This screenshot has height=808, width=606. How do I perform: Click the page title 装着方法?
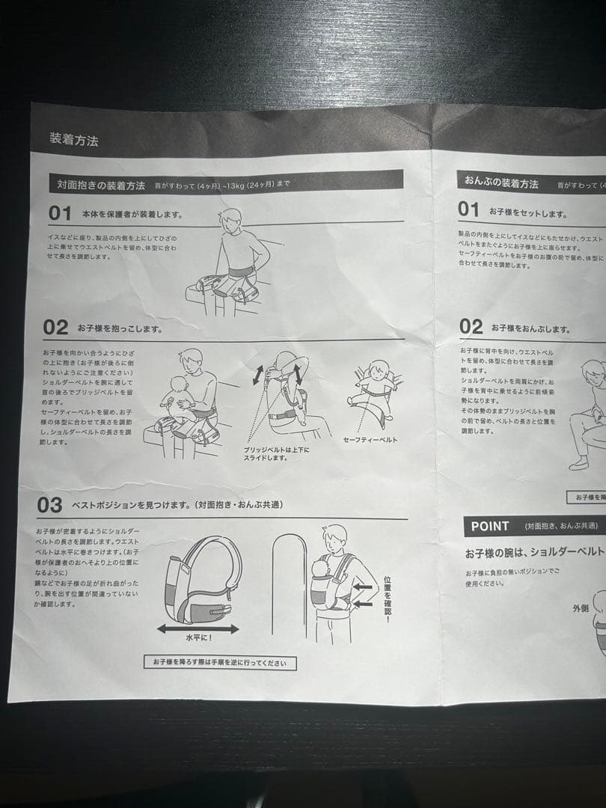(73, 139)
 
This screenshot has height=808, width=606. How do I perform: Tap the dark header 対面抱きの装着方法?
(101, 185)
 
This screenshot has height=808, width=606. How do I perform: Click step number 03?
(49, 505)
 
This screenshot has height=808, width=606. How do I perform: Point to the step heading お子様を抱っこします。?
(120, 328)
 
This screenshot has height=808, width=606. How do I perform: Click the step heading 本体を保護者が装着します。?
(132, 214)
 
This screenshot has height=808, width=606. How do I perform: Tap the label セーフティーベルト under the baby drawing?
(370, 439)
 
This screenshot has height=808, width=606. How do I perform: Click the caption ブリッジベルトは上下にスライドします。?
(276, 453)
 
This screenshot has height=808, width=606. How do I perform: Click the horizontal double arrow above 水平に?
(198, 629)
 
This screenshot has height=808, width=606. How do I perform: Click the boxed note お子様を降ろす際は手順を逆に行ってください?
(220, 663)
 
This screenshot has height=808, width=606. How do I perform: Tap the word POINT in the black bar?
(490, 526)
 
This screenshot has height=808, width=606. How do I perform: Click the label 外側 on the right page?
(581, 608)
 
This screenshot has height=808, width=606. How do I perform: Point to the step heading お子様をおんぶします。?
(530, 328)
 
